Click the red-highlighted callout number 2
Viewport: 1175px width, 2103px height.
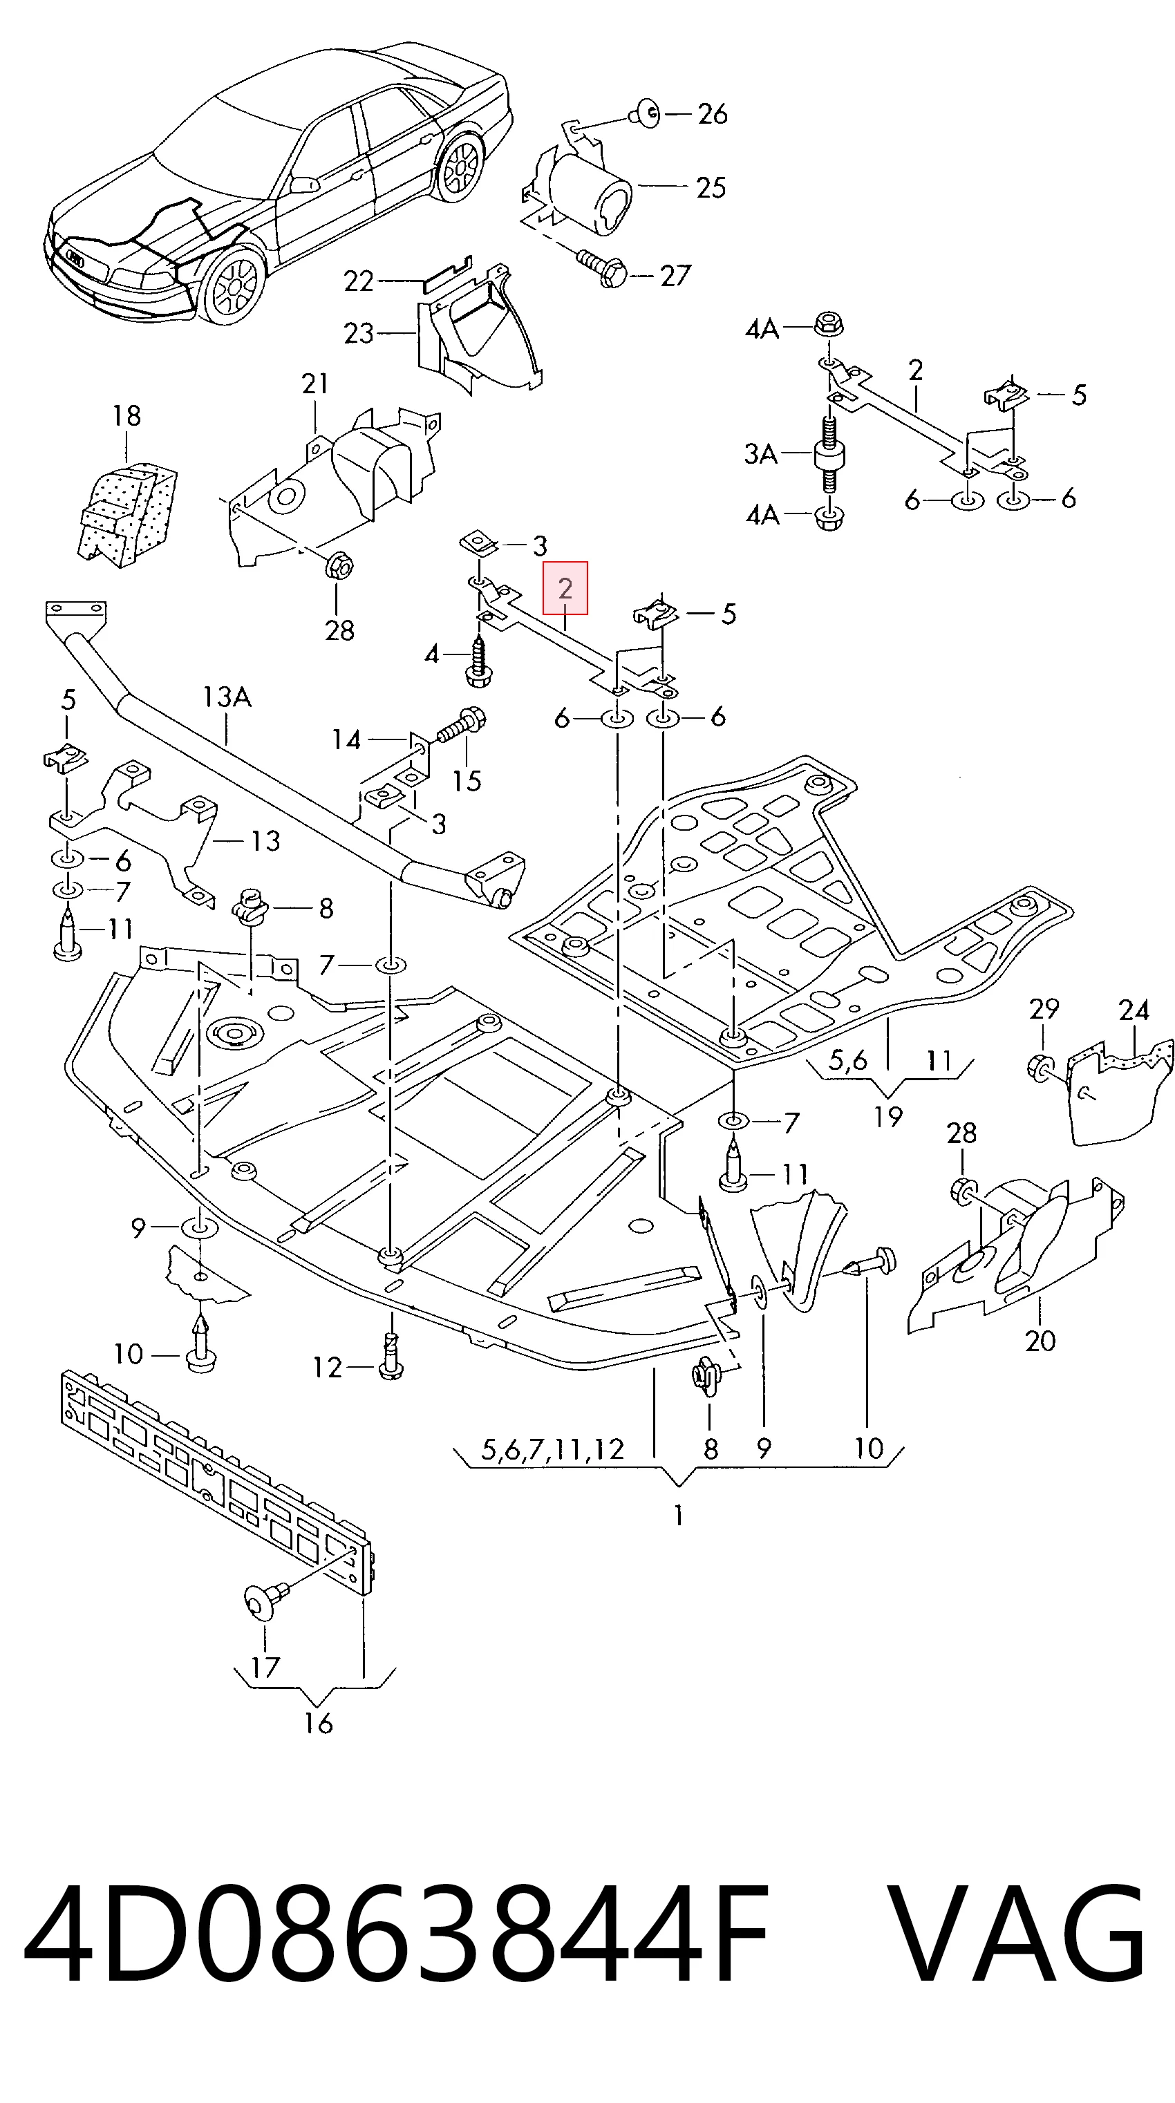pyautogui.click(x=565, y=588)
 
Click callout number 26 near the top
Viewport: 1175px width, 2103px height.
pyautogui.click(x=712, y=113)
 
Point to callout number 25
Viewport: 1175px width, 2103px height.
pyautogui.click(x=711, y=188)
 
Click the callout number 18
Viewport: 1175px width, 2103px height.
pyautogui.click(x=126, y=415)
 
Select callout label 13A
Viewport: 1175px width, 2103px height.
pyautogui.click(x=227, y=697)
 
